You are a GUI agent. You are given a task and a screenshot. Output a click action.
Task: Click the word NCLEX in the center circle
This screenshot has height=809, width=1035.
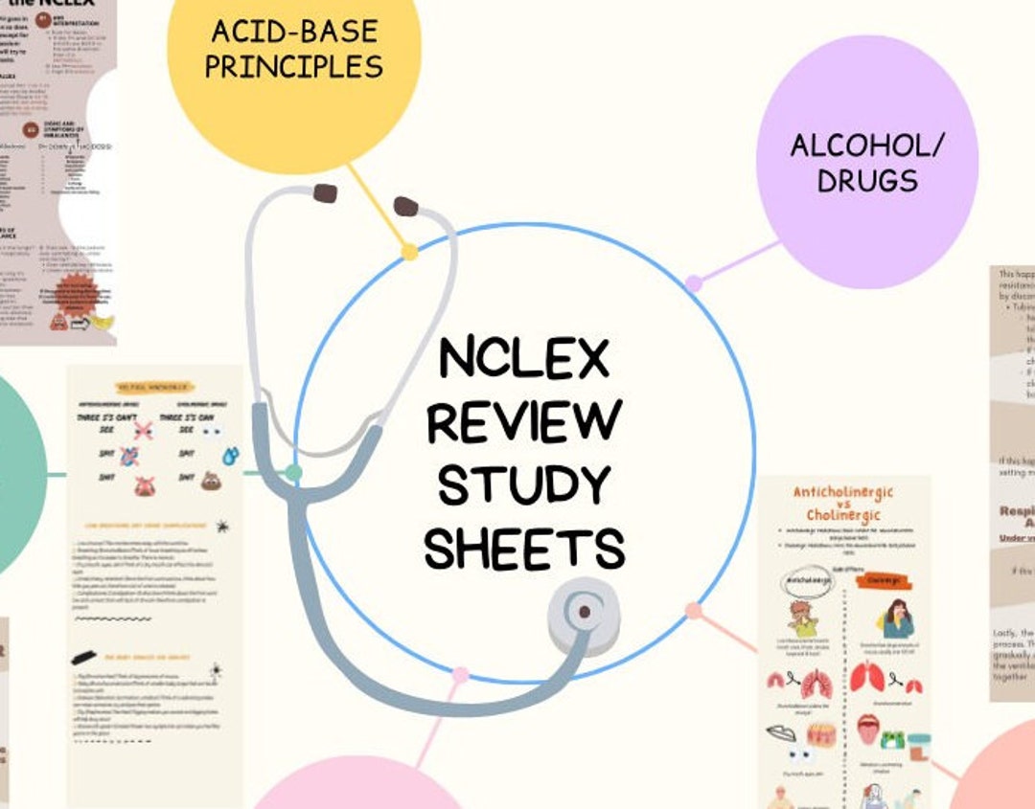(x=524, y=358)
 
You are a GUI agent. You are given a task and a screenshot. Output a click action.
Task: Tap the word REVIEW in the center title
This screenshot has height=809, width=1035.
(x=524, y=422)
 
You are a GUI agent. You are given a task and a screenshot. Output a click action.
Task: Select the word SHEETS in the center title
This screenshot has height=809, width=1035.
(x=524, y=549)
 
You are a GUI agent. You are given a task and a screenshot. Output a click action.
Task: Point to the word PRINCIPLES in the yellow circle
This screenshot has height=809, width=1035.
(x=293, y=66)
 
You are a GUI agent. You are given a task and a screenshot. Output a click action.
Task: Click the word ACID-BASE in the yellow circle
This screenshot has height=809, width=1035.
(x=293, y=32)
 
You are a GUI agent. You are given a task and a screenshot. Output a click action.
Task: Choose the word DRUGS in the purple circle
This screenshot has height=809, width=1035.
(x=867, y=180)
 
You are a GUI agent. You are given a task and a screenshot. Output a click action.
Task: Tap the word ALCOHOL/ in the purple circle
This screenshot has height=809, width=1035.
(x=867, y=146)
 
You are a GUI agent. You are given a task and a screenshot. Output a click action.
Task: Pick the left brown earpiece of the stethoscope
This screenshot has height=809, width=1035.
(x=325, y=192)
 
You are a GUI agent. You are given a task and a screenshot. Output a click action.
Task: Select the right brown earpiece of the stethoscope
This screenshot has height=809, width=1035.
(x=405, y=206)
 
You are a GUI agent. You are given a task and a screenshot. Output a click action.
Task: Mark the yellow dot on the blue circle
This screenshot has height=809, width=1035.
(x=409, y=252)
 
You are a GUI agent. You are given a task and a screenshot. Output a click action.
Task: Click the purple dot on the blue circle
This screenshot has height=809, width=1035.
(x=694, y=283)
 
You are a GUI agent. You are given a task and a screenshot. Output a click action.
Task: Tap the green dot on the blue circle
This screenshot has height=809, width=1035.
(x=294, y=472)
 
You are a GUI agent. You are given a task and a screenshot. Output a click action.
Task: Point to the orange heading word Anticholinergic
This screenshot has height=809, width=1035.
(x=842, y=492)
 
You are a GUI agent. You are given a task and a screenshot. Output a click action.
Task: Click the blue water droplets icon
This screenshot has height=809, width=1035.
(x=229, y=455)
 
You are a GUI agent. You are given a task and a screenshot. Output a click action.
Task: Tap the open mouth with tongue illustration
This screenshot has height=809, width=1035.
(x=867, y=729)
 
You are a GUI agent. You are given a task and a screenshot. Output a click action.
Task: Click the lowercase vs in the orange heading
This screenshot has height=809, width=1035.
(x=843, y=506)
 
